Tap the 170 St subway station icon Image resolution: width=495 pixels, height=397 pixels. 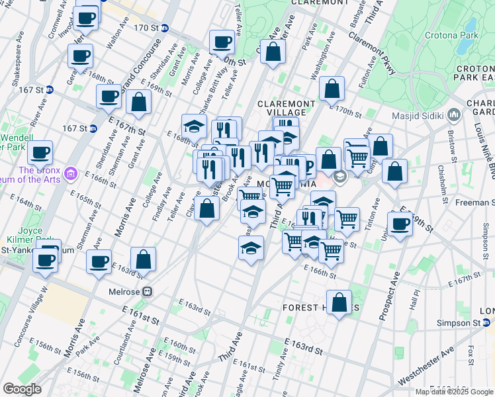point(164,28)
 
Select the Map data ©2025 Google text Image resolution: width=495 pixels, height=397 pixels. point(454,392)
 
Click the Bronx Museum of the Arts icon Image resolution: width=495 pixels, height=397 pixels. point(71,174)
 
